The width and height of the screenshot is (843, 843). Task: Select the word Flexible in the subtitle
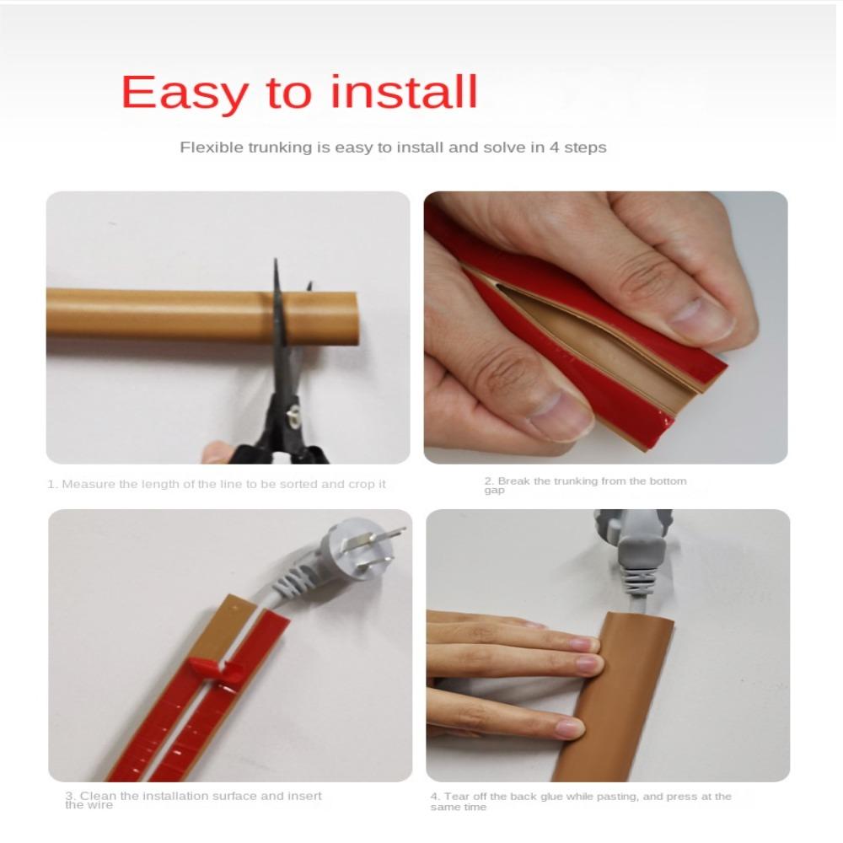[211, 148]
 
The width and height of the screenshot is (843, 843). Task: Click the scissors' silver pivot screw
[293, 415]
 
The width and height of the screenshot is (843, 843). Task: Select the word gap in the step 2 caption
[493, 491]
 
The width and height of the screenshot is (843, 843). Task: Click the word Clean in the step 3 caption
[96, 796]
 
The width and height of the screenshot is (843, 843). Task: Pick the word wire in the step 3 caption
[100, 805]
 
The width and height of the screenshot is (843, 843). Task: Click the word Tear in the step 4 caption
[457, 797]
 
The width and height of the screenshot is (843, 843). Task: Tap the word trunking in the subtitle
[281, 148]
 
